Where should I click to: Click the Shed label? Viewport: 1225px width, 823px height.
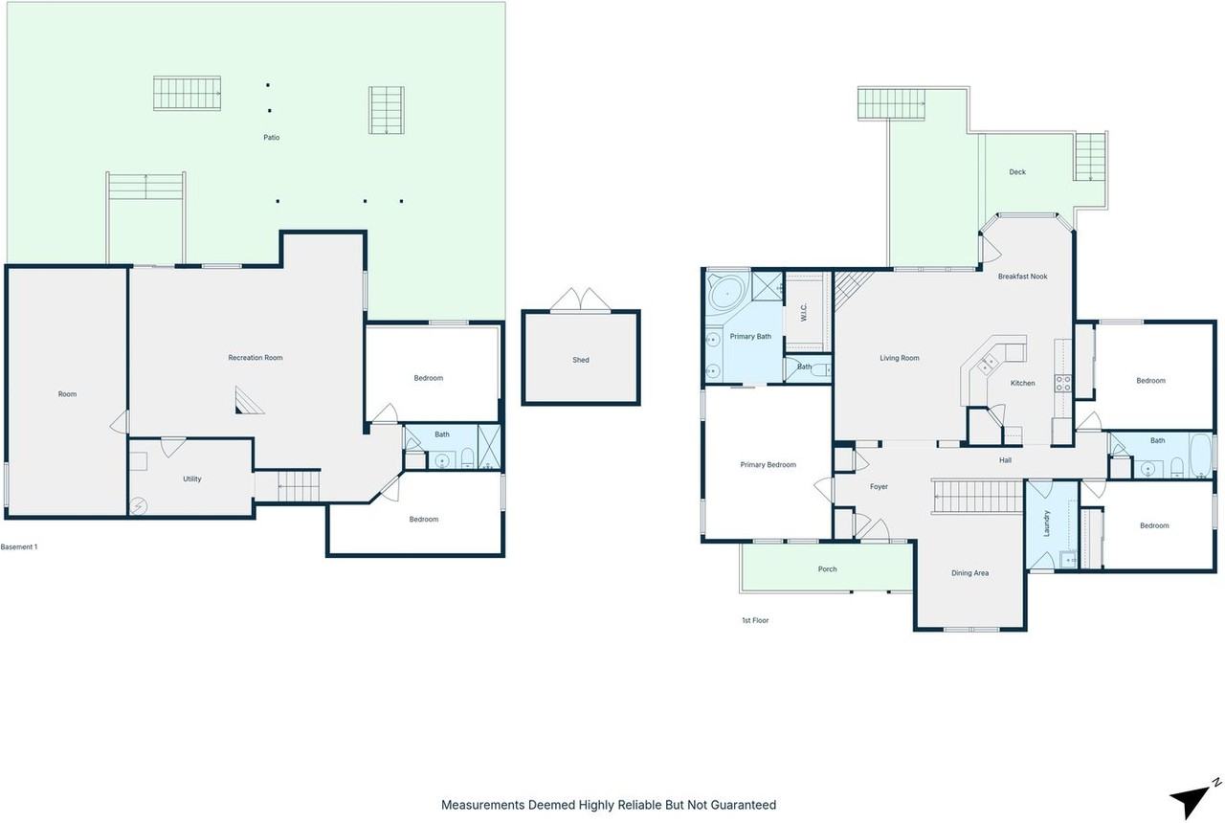click(581, 360)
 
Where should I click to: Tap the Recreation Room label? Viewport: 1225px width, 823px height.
click(256, 358)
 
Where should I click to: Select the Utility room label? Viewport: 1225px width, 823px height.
click(191, 478)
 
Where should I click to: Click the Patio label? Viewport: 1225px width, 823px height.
click(272, 138)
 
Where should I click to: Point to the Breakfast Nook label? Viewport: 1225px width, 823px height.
click(1022, 277)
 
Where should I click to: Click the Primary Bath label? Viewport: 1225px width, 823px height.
click(750, 336)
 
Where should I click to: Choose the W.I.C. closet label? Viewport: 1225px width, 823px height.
click(804, 312)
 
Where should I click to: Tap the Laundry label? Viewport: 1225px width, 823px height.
click(1047, 523)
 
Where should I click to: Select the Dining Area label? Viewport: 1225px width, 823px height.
click(969, 573)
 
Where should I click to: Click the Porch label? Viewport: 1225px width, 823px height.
click(828, 569)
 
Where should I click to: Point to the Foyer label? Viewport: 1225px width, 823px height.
click(879, 487)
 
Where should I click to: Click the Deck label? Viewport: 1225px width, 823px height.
click(1017, 172)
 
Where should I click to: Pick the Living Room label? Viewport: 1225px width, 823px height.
click(900, 358)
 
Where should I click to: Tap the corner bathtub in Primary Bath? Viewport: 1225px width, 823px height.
click(727, 289)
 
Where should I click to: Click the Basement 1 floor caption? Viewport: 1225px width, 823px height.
click(19, 547)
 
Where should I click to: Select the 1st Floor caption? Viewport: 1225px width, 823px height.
click(755, 620)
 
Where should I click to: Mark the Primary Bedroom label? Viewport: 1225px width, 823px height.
click(768, 465)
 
